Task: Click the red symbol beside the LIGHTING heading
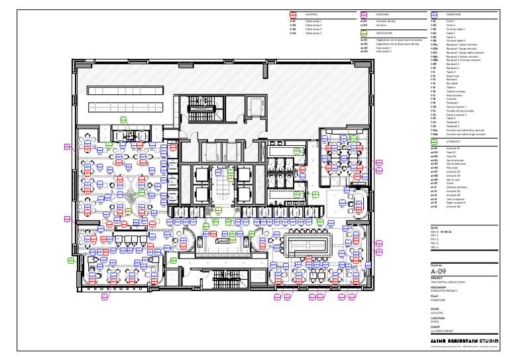[x=293, y=14]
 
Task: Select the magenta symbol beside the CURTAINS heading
[x=363, y=14]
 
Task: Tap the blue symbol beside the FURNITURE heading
[x=434, y=14]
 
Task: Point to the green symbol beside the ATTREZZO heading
[x=434, y=141]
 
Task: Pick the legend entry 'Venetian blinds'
[x=386, y=21]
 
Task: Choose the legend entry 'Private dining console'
[x=459, y=111]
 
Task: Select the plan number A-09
[x=439, y=271]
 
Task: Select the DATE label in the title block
[x=434, y=227]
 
